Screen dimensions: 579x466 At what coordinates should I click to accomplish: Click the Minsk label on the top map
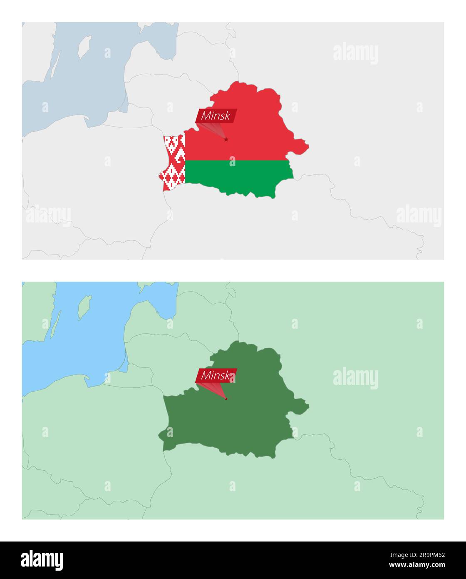pos(216,116)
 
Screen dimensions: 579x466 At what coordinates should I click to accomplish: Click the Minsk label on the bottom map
pos(216,375)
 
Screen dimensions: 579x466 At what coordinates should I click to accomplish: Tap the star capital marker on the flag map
pos(226,139)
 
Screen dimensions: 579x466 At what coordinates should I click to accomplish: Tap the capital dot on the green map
pos(226,399)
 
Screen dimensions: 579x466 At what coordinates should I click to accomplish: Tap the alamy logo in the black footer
pos(42,560)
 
